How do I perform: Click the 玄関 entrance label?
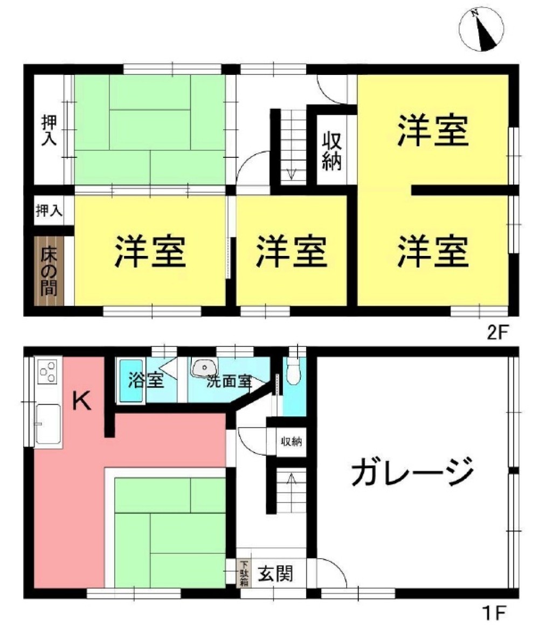(274, 574)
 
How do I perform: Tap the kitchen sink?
(48, 423)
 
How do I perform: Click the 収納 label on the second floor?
(332, 150)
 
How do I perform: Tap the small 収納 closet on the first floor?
(291, 442)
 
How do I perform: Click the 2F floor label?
(497, 332)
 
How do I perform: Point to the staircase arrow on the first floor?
(292, 477)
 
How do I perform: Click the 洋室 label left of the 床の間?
(150, 252)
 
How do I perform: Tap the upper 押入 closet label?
(49, 129)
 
